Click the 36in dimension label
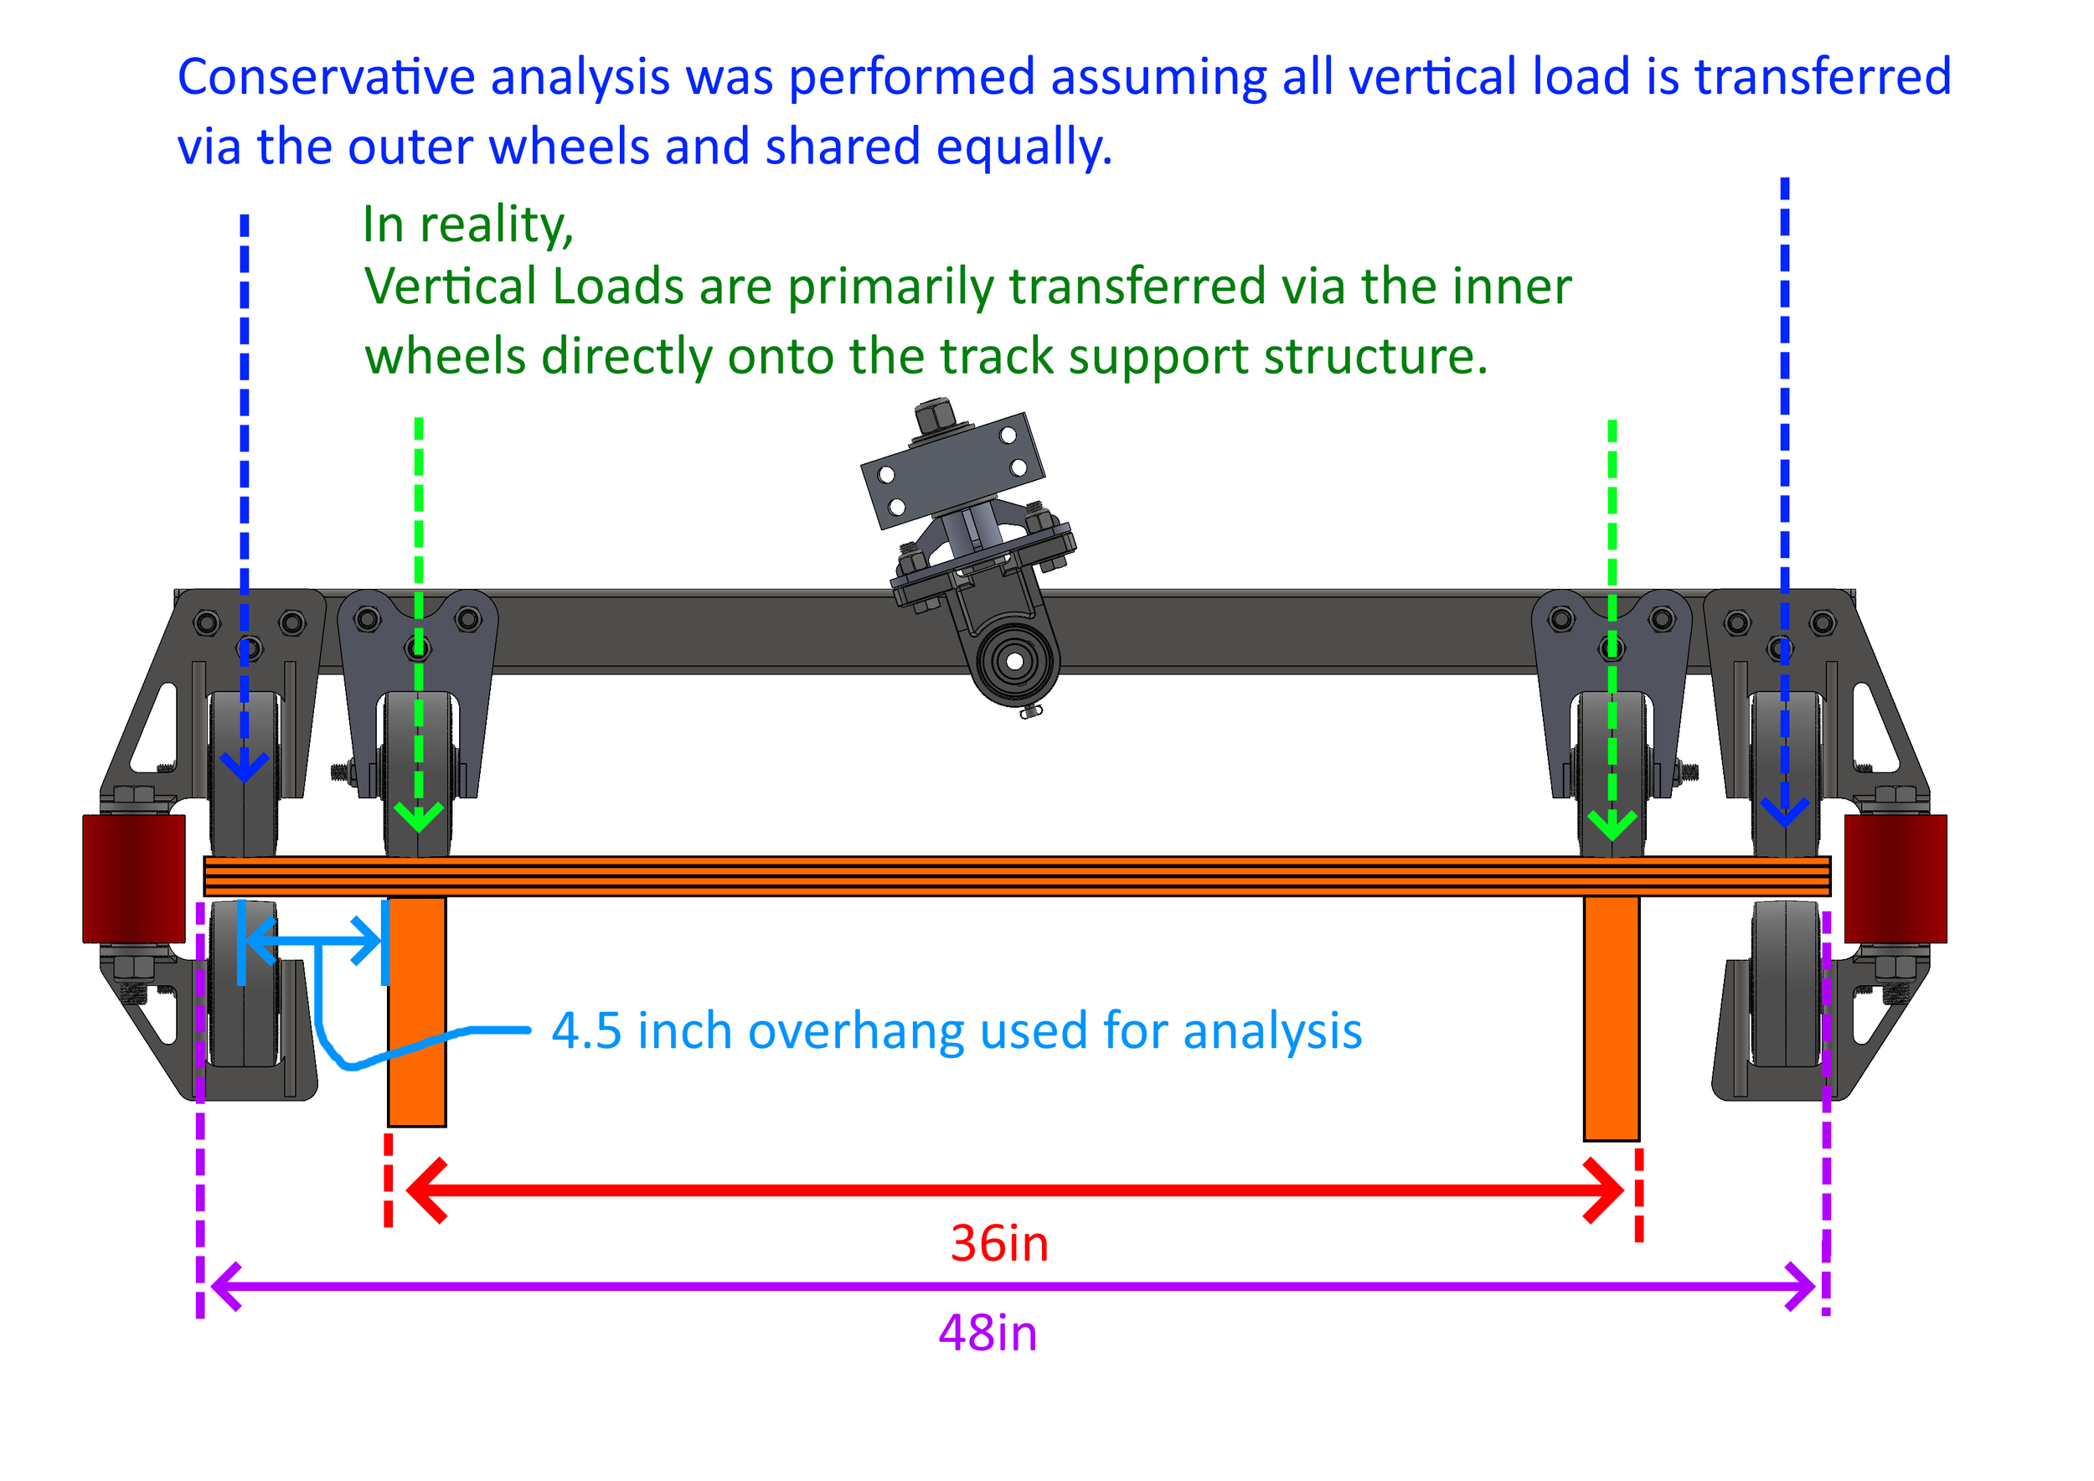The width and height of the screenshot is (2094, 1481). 998,1243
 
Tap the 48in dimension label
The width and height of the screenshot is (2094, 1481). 987,1334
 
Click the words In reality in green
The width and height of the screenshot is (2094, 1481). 467,224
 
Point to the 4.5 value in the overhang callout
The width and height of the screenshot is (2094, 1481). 585,1031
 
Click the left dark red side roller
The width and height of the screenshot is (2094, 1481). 133,878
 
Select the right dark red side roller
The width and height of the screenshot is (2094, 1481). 1895,878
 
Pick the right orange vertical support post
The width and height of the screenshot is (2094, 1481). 1611,1017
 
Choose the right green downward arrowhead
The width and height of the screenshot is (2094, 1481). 1612,826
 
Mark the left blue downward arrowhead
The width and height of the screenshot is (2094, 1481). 245,768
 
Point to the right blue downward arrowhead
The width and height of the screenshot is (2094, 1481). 1784,812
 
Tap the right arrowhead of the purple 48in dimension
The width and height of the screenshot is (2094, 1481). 1801,1287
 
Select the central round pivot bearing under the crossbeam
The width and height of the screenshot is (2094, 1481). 1013,660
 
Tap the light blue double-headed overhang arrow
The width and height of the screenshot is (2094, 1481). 312,942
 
